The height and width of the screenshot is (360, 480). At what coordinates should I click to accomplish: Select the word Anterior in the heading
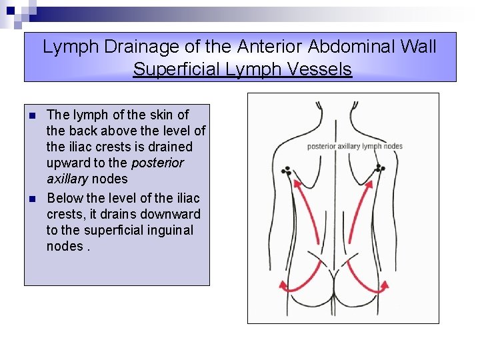coord(275,47)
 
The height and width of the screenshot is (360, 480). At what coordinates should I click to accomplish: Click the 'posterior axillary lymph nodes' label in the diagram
coord(355,147)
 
